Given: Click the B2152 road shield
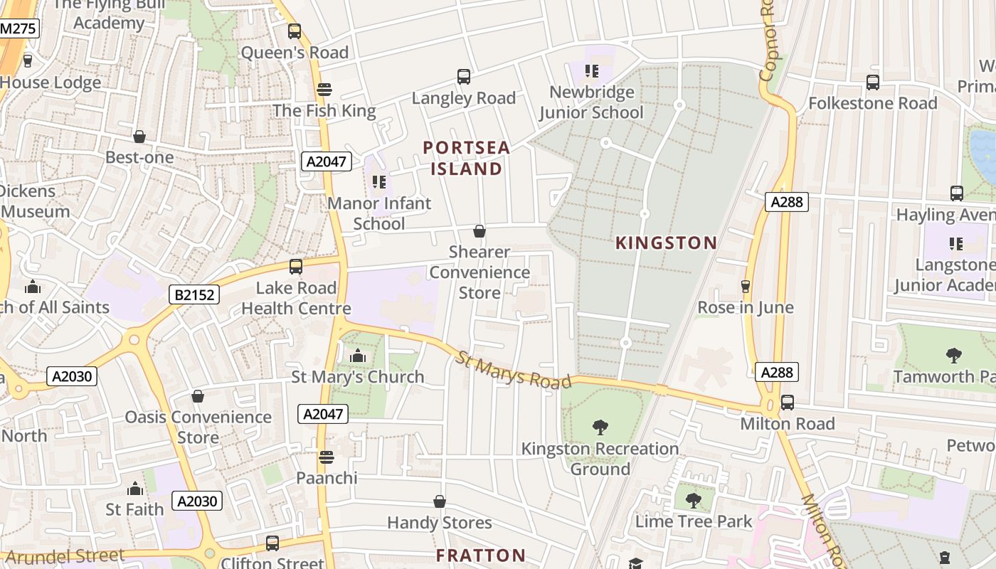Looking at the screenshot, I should tap(194, 294).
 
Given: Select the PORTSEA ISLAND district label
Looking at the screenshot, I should tap(467, 158).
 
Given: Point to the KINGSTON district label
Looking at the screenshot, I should tap(666, 243).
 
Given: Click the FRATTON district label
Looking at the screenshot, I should tap(480, 555).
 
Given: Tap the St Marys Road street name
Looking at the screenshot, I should tap(514, 370).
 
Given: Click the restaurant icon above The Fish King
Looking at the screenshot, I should tap(324, 90).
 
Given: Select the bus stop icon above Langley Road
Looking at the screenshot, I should tap(464, 77).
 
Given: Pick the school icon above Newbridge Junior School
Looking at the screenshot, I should tap(591, 71).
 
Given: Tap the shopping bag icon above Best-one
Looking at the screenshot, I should tap(139, 137).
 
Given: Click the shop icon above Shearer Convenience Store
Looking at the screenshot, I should tap(480, 231).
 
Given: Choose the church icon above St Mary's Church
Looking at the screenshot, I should tap(357, 356).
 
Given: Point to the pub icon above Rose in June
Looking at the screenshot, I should tap(746, 286).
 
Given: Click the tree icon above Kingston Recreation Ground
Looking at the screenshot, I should tap(600, 427).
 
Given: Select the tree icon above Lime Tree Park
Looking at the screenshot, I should tap(693, 501).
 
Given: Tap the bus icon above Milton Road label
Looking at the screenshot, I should tap(788, 403).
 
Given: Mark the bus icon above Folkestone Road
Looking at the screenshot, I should tap(873, 83).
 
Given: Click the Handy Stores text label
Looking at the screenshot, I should tap(439, 523).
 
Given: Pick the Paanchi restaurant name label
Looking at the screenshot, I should tap(327, 477).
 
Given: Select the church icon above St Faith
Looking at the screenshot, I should tap(134, 489).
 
